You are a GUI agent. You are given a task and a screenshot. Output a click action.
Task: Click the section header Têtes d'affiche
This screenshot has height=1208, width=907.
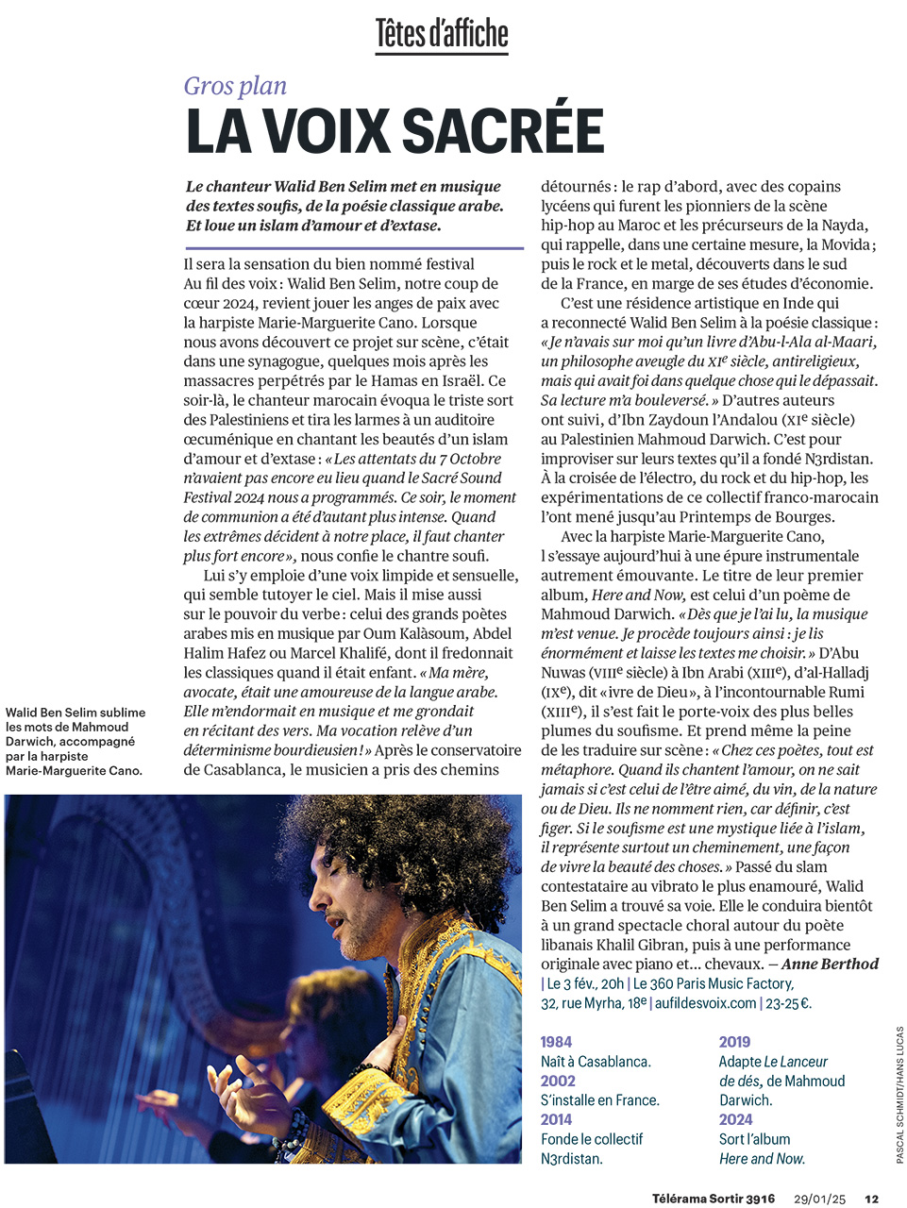(442, 34)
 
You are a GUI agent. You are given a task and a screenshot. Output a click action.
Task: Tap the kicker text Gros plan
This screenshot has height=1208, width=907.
(235, 86)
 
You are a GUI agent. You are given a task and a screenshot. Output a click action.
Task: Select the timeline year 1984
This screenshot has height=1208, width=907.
(556, 1042)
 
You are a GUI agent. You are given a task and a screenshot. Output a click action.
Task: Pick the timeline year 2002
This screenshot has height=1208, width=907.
(558, 1081)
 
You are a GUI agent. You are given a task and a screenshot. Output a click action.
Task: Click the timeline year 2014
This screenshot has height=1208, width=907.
(556, 1119)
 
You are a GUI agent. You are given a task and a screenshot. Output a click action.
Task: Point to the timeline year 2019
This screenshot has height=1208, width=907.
(734, 1042)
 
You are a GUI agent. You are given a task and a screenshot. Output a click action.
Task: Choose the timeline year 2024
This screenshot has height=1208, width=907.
(735, 1119)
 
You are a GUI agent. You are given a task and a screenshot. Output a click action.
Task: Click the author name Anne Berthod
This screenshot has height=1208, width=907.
(830, 965)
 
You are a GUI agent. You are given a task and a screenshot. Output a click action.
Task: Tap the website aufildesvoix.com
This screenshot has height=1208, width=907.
(705, 1003)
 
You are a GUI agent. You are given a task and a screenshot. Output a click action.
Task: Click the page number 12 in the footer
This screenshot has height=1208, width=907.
(871, 1199)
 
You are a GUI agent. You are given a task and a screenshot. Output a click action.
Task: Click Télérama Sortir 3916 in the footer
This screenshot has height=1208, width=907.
(713, 1199)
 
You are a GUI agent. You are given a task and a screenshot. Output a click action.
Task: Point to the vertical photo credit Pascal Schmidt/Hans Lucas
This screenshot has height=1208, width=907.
(899, 1095)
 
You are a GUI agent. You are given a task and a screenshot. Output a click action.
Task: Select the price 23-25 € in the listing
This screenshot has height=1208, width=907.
(788, 1003)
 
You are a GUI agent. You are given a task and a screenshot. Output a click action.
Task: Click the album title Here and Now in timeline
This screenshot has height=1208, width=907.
(762, 1158)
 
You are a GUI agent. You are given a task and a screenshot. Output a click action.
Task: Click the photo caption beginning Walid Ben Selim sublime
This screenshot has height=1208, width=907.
(76, 741)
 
